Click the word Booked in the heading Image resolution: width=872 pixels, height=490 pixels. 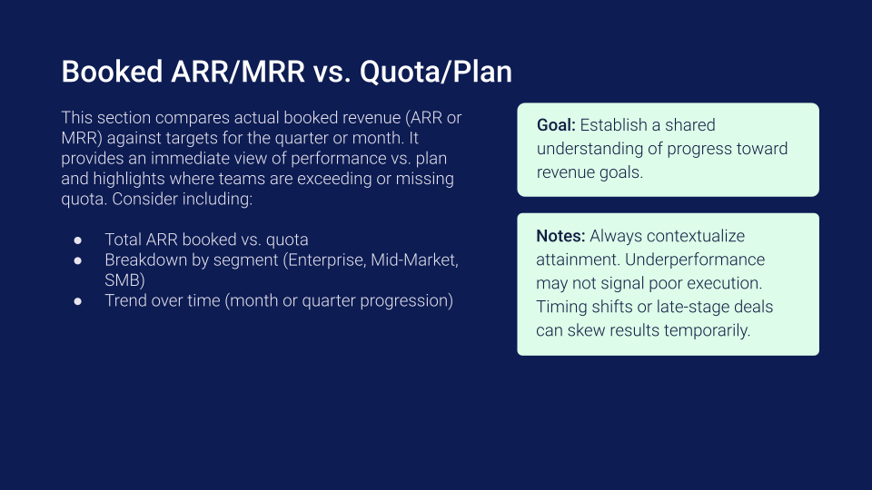112,72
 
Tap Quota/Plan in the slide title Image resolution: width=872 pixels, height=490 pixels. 435,73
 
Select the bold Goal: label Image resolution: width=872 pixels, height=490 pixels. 556,125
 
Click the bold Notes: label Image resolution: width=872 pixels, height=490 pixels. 560,236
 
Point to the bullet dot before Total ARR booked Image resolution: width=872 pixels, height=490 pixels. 78,240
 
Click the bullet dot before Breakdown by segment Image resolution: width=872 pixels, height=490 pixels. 78,260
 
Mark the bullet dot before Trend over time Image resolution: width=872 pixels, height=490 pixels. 78,301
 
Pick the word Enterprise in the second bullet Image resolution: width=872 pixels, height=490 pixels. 324,260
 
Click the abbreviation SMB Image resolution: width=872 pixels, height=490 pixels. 123,280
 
